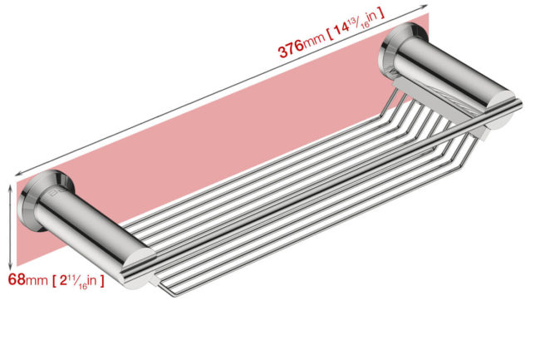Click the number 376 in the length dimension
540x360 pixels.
(x=291, y=48)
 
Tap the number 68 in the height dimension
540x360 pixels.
(x=17, y=279)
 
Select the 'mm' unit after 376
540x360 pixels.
(x=314, y=38)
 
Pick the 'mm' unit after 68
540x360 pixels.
(x=37, y=280)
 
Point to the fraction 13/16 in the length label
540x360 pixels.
(x=359, y=20)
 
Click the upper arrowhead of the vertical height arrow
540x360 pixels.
(x=10, y=187)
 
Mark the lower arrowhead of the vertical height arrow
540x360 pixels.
(x=10, y=266)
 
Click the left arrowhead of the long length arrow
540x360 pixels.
(x=19, y=174)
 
